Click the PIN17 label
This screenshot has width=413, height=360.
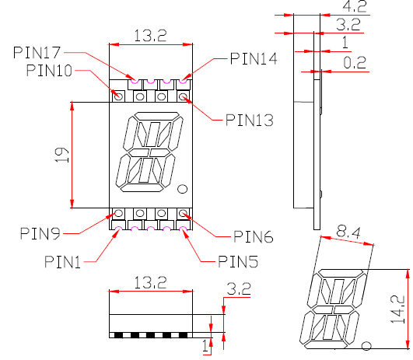(37, 53)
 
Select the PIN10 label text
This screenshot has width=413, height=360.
(49, 71)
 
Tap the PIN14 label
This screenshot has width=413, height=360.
(254, 58)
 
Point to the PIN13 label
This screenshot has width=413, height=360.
(250, 120)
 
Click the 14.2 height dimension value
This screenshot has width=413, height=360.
(398, 309)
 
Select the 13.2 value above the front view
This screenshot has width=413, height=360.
(151, 35)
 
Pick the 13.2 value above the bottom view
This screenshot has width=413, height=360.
(151, 282)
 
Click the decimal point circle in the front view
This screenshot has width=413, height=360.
(183, 189)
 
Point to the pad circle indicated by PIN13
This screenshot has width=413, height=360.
(184, 97)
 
